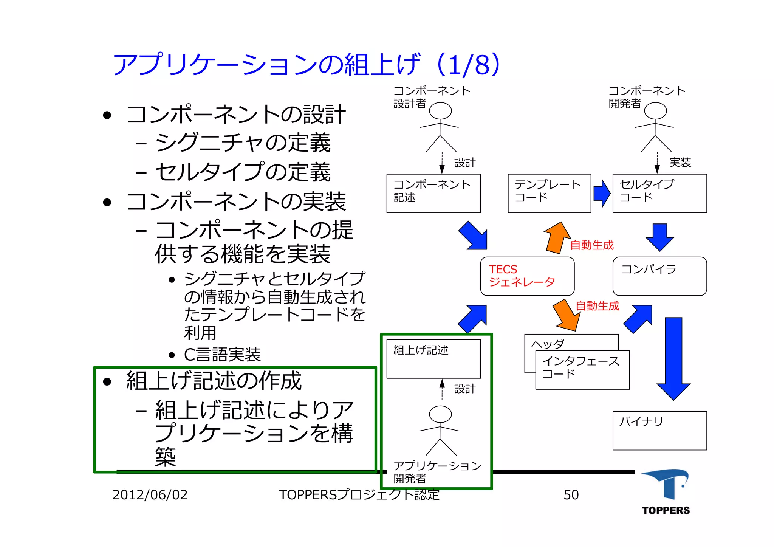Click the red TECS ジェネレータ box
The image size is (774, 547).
click(527, 276)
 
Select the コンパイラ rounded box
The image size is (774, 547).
click(659, 276)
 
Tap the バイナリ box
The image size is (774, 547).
click(659, 431)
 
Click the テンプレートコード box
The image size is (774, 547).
click(549, 193)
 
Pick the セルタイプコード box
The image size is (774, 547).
click(659, 193)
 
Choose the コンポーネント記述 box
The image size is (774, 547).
click(433, 193)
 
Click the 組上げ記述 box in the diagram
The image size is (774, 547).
click(433, 359)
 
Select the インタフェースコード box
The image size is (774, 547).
click(582, 370)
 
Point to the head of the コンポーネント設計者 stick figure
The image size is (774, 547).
click(440, 111)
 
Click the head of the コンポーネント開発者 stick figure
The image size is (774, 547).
click(655, 111)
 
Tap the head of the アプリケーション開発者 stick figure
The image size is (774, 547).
click(440, 414)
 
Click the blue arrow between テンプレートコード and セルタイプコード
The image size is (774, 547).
click(602, 193)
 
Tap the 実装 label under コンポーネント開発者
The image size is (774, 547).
click(680, 163)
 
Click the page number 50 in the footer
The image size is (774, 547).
click(571, 495)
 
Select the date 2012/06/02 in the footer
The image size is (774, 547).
click(150, 495)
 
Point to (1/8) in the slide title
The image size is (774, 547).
click(469, 65)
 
